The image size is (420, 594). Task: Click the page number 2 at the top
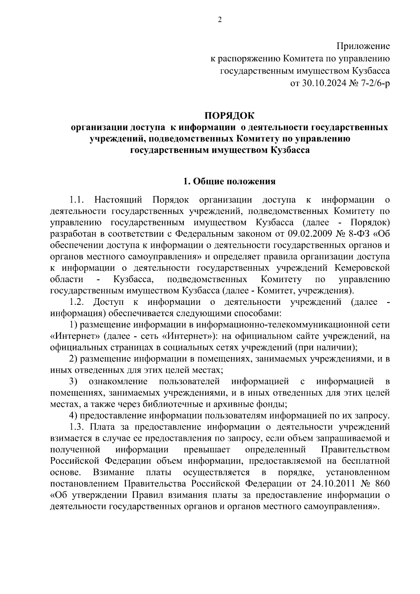[220, 20]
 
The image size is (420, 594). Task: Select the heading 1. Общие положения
[230, 181]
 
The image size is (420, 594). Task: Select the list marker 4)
[73, 415]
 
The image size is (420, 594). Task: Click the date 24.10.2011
[331, 484]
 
